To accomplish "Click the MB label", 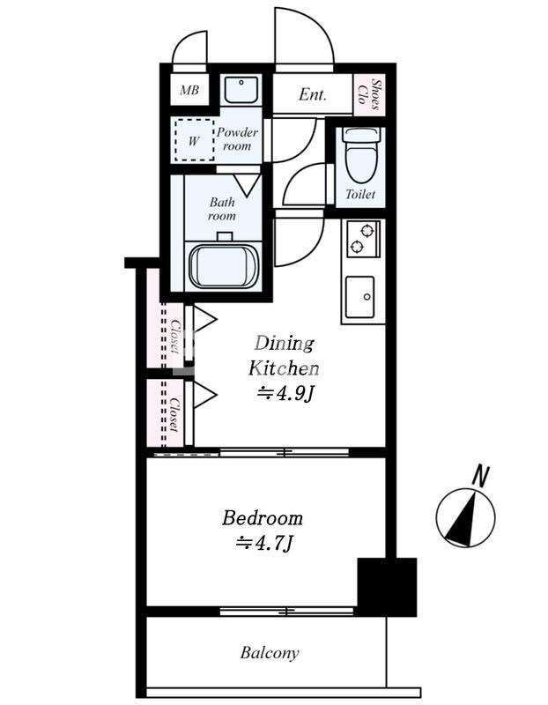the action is pyautogui.click(x=189, y=90).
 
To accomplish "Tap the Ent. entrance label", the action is pyautogui.click(x=312, y=94).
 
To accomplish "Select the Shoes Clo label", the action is pyautogui.click(x=369, y=94).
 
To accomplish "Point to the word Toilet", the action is pyautogui.click(x=360, y=194).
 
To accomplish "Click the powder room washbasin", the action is pyautogui.click(x=241, y=90).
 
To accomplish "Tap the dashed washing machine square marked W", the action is pyautogui.click(x=194, y=139).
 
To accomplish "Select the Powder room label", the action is pyautogui.click(x=237, y=139).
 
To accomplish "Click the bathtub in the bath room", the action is pyautogui.click(x=223, y=265).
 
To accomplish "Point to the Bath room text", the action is pyautogui.click(x=222, y=209).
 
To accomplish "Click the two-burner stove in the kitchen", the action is pyautogui.click(x=362, y=239).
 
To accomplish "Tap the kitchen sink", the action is pyautogui.click(x=359, y=297).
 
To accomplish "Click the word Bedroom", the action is pyautogui.click(x=263, y=518).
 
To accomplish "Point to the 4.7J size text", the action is pyautogui.click(x=265, y=543).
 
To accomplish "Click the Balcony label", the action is pyautogui.click(x=270, y=652).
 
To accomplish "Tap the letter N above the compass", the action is pyautogui.click(x=480, y=477).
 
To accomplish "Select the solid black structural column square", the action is pyautogui.click(x=387, y=587).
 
